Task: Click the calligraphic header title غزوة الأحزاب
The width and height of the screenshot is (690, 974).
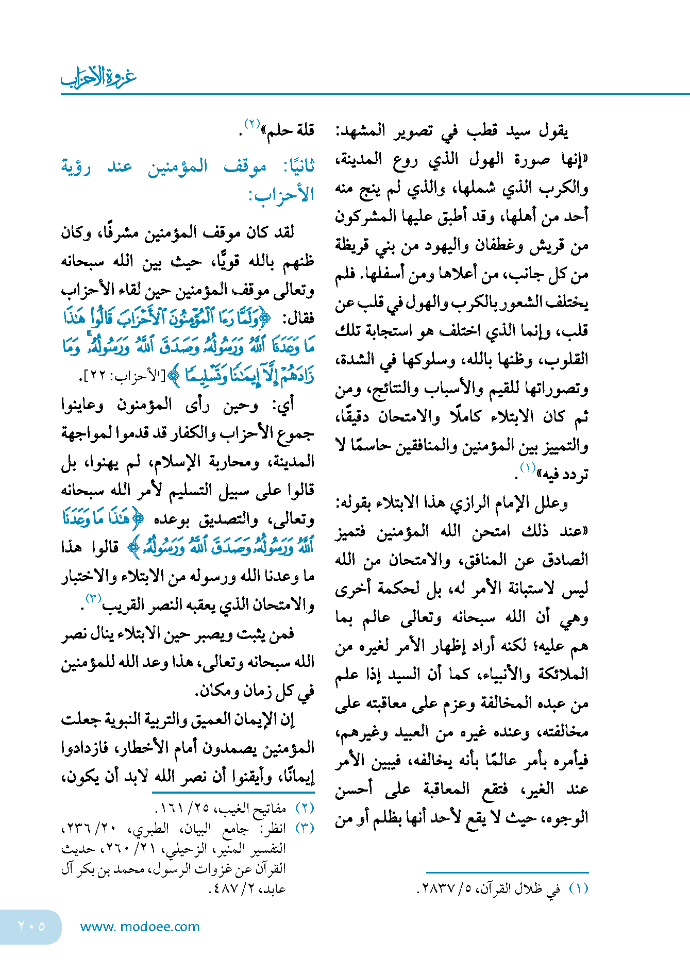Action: [98, 77]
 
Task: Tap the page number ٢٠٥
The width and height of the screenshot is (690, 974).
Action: [31, 926]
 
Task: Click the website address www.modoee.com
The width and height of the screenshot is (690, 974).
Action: [140, 927]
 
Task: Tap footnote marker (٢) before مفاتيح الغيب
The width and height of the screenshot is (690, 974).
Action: [305, 808]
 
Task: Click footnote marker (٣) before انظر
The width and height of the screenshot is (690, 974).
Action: [305, 828]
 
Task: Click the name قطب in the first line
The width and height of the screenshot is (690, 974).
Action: [482, 131]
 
